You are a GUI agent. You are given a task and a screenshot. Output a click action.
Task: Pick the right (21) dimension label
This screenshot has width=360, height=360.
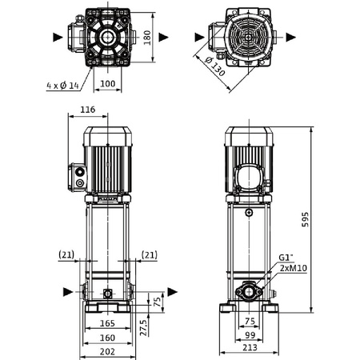coord(149,254)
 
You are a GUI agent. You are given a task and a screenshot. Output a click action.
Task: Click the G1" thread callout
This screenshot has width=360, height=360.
coord(286,258)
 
